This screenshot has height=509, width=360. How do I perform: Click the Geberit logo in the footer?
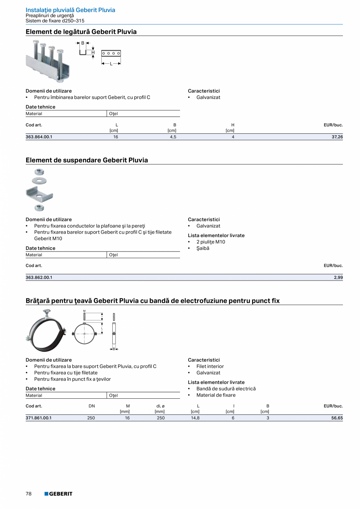tap(58, 494)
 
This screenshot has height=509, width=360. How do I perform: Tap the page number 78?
tap(29, 494)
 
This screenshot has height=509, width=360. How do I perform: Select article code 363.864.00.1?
tap(39, 137)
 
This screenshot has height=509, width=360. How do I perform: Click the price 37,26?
tap(337, 137)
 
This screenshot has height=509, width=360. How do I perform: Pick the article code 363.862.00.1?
tap(39, 277)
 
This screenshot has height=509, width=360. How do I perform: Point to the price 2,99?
tap(338, 277)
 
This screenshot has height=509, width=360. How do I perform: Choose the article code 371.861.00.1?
tap(39, 418)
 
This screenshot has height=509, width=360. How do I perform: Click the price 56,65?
tap(337, 418)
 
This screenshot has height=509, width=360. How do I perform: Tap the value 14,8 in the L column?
tap(195, 418)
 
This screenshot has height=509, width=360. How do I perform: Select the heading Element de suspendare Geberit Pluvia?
tap(87, 160)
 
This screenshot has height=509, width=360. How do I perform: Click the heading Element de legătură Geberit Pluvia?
tap(81, 32)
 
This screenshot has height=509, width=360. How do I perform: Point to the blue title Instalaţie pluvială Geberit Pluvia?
tap(70, 10)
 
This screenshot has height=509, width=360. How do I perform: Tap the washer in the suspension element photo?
tap(39, 180)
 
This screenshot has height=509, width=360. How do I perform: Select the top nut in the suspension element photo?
tap(39, 172)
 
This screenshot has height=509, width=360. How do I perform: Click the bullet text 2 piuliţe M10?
tap(211, 242)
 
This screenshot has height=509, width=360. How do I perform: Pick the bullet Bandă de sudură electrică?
tap(226, 388)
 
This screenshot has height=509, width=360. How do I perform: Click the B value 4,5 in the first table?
tap(173, 137)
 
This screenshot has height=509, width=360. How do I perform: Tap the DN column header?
tap(92, 406)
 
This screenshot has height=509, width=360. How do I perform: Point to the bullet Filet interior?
tap(210, 366)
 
